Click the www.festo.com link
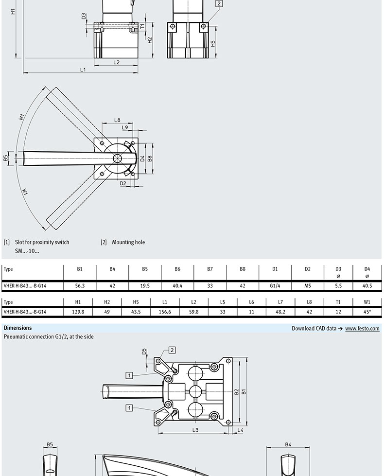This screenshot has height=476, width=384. [x=362, y=328]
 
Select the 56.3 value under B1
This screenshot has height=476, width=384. [x=80, y=286]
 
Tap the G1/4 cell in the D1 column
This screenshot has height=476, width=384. [x=275, y=286]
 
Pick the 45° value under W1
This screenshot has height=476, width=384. [x=367, y=312]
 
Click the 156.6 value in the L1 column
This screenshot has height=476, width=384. [x=165, y=312]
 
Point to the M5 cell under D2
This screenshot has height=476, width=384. [x=308, y=286]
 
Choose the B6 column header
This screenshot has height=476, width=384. [x=177, y=269]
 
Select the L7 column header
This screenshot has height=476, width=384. [x=280, y=302]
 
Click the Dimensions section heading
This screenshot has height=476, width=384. [x=18, y=328]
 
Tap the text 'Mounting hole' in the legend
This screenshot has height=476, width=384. [x=128, y=242]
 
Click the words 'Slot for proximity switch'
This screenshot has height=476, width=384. [x=42, y=242]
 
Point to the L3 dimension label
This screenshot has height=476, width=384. [x=195, y=430]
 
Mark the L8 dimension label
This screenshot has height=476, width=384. [x=117, y=120]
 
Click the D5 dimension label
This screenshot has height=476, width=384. [x=144, y=352]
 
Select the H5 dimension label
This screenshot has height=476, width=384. [x=213, y=44]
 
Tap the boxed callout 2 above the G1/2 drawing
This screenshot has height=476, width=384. [x=172, y=350]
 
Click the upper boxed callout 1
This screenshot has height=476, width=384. [x=129, y=375]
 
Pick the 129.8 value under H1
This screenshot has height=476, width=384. [x=78, y=312]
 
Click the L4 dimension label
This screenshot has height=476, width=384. [x=240, y=430]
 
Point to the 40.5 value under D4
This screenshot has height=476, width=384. [x=367, y=286]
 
